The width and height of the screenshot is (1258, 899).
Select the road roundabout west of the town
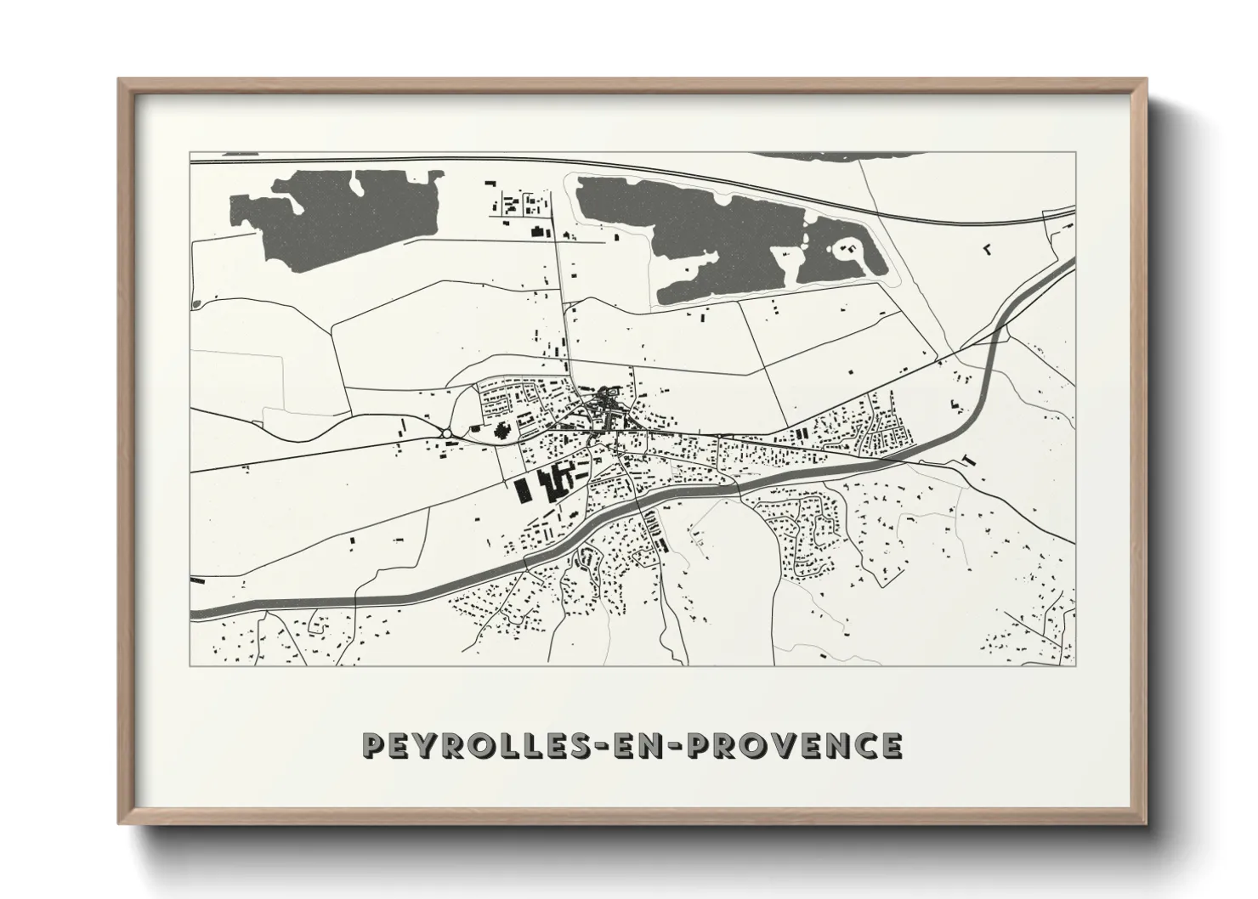(446, 434)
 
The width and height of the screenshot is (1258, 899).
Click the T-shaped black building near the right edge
(970, 460)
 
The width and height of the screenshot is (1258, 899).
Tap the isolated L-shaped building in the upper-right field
(987, 249)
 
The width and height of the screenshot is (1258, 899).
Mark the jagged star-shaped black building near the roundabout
(502, 430)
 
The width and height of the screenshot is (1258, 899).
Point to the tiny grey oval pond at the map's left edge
(197, 303)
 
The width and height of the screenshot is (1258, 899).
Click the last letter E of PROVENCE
(890, 745)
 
